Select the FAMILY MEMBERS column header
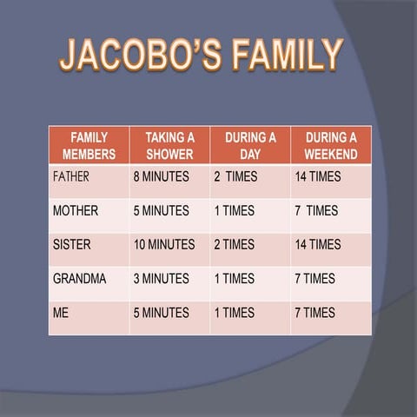click(x=89, y=146)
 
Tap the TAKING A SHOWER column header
click(x=169, y=146)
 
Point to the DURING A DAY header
click(x=250, y=146)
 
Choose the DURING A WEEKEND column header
click(x=330, y=146)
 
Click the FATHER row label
click(x=71, y=176)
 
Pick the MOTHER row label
click(x=76, y=210)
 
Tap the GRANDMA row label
click(x=79, y=279)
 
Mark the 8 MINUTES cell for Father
click(x=161, y=176)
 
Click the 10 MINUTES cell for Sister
click(x=164, y=245)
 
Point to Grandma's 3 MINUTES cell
click(x=161, y=279)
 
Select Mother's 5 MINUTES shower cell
click(x=161, y=210)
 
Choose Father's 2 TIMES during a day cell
click(x=235, y=176)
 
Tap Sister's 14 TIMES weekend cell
click(x=317, y=245)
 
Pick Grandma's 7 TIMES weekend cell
click(x=314, y=279)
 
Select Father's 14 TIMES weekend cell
click(x=317, y=176)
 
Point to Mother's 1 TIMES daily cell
click(x=234, y=210)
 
